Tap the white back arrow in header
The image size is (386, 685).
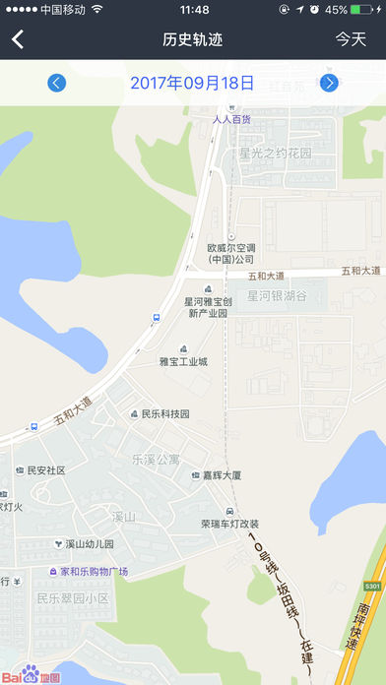tap(18, 39)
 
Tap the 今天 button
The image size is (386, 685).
tap(350, 39)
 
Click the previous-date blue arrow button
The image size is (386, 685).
tap(56, 83)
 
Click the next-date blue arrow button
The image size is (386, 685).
tap(330, 83)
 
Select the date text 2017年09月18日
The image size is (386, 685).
tap(192, 83)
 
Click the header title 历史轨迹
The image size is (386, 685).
tap(192, 39)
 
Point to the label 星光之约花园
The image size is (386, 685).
tap(275, 154)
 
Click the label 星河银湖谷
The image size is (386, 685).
tap(277, 296)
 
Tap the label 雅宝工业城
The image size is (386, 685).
tap(183, 361)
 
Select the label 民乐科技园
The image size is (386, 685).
tap(164, 414)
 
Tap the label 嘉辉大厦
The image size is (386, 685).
tap(223, 475)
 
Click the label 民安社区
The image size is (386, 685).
tap(45, 470)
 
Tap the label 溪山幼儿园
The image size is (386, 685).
tap(89, 543)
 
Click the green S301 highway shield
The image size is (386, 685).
tap(371, 587)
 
